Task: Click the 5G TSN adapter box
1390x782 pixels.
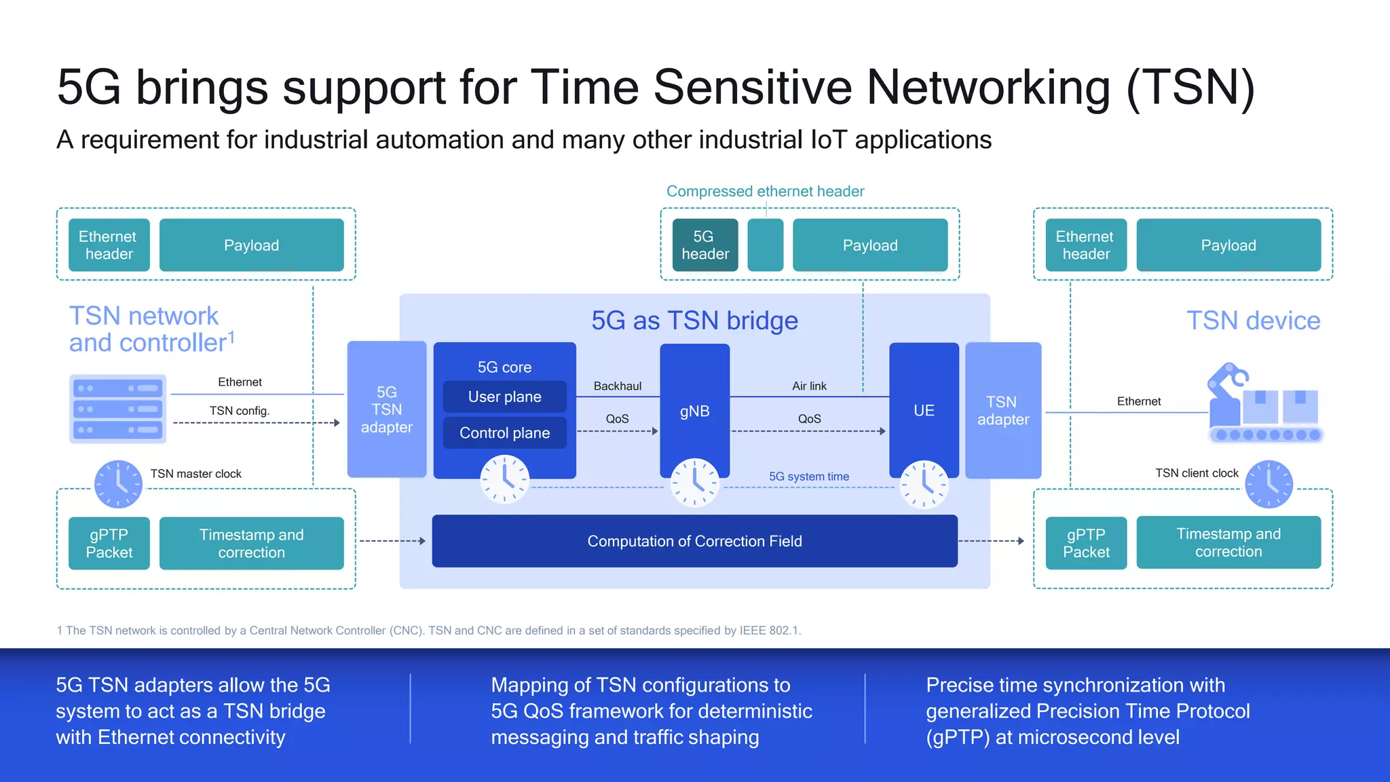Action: [x=386, y=409]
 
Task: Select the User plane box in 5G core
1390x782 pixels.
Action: [x=504, y=396]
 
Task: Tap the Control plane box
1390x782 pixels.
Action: [x=504, y=433]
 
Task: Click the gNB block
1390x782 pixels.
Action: [x=694, y=411]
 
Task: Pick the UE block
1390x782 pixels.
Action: [x=924, y=410]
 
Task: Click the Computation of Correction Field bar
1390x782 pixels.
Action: [x=694, y=541]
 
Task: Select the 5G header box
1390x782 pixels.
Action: [x=705, y=245]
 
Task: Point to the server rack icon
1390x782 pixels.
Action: [x=118, y=409]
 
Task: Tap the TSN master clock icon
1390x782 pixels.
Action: [x=118, y=484]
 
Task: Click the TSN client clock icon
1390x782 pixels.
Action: [x=1269, y=484]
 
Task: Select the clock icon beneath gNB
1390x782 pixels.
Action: [x=694, y=483]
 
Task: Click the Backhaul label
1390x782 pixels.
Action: [x=617, y=386]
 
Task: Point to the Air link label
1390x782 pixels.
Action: [x=809, y=386]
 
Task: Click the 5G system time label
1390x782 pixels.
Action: [x=808, y=477]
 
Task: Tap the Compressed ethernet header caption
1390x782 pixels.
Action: [x=765, y=191]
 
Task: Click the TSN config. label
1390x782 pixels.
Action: [x=239, y=411]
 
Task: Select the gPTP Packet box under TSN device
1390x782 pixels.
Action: [x=1085, y=543]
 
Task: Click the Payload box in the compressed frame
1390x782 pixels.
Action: [x=869, y=245]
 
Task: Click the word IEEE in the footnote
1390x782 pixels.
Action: [x=752, y=631]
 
